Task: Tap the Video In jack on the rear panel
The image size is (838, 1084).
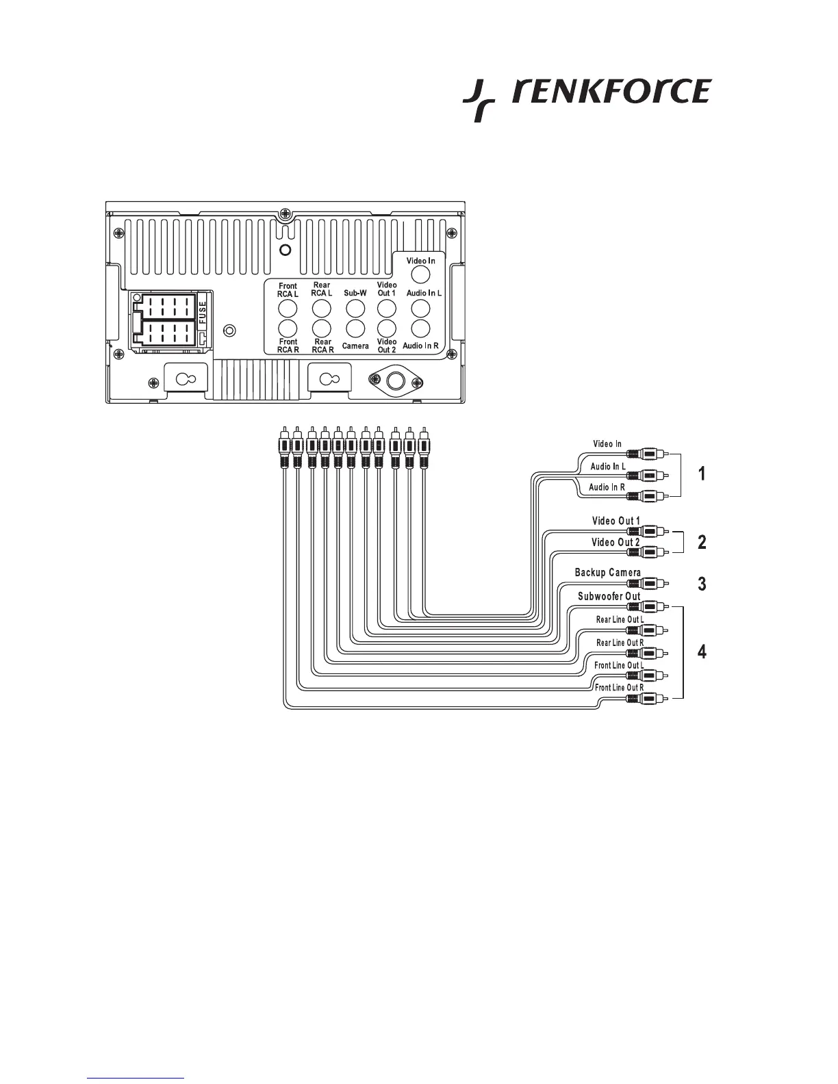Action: pyautogui.click(x=420, y=274)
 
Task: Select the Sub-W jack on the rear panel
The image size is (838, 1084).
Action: pyautogui.click(x=355, y=307)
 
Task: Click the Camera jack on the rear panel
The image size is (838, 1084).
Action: pyautogui.click(x=355, y=328)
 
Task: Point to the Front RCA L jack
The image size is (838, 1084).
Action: pyautogui.click(x=288, y=307)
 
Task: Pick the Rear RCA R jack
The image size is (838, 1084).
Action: pyautogui.click(x=322, y=328)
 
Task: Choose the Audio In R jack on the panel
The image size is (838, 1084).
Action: pyautogui.click(x=420, y=328)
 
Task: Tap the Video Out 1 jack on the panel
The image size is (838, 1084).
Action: pyautogui.click(x=387, y=307)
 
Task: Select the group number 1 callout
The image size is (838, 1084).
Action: pyautogui.click(x=701, y=474)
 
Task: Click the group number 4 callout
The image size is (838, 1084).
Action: pyautogui.click(x=701, y=652)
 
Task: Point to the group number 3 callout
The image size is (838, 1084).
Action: pyautogui.click(x=701, y=584)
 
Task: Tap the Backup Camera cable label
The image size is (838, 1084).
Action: pyautogui.click(x=607, y=573)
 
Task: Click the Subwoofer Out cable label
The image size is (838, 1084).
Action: pyautogui.click(x=609, y=596)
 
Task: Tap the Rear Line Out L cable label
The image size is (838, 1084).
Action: pyautogui.click(x=619, y=620)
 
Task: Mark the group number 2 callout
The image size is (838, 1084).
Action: pyautogui.click(x=701, y=542)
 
